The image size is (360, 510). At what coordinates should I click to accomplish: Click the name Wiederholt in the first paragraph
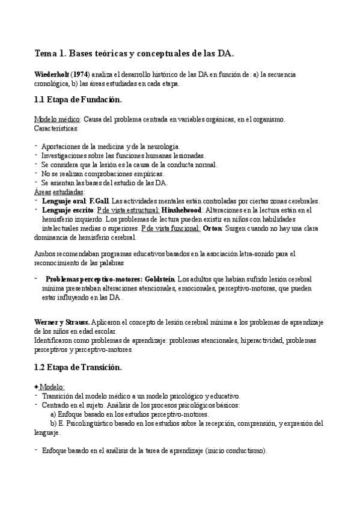tap(52, 74)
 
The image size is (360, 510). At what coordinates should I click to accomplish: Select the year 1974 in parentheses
tap(81, 74)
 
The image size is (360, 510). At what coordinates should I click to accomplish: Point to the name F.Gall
tap(100, 200)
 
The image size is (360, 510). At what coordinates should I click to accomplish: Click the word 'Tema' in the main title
tap(44, 54)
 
